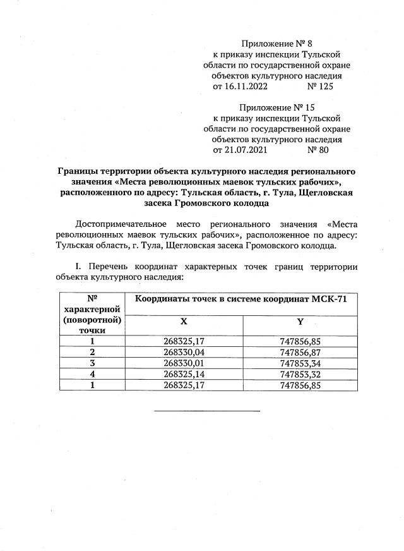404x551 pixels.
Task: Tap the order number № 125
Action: pos(320,86)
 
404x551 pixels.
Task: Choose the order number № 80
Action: pos(318,150)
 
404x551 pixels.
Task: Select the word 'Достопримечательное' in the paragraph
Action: pos(121,224)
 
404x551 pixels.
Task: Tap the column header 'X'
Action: pos(184,321)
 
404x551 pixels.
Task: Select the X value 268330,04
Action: pos(184,352)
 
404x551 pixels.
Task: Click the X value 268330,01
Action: pos(184,363)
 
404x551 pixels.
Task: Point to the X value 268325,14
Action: pos(184,373)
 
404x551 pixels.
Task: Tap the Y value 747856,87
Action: pos(300,352)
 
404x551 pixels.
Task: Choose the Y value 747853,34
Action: pos(300,363)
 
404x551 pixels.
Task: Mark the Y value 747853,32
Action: pos(300,373)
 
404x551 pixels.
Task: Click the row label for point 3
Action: pos(92,363)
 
